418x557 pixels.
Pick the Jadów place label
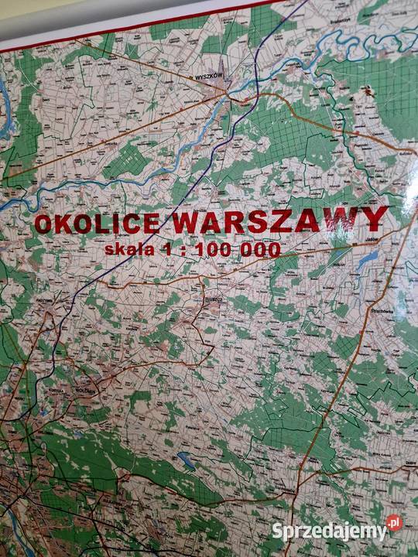pyautogui.click(x=370, y=241)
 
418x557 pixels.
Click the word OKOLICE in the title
pyautogui.click(x=98, y=224)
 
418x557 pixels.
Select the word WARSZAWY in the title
pyautogui.click(x=279, y=221)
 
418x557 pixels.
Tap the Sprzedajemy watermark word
pyautogui.click(x=328, y=531)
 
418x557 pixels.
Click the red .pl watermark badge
pyautogui.click(x=394, y=524)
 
